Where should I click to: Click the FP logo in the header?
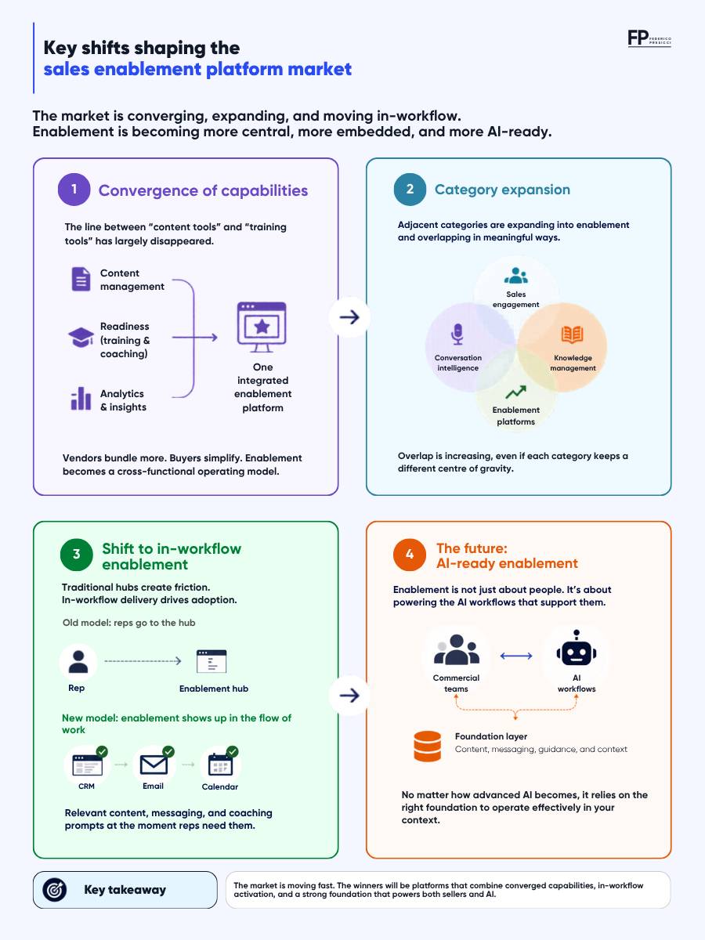coord(649,38)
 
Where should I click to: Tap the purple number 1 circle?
coord(74,190)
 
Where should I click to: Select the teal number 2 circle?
coord(410,190)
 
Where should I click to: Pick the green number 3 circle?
coord(76,555)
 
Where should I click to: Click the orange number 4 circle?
coord(409,555)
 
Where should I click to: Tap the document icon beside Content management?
coord(81,279)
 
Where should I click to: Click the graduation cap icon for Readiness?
coord(81,338)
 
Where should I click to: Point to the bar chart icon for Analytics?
coord(81,399)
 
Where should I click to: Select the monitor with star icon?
coord(262,327)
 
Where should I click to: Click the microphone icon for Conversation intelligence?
coord(457,334)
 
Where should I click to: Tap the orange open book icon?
coord(573,334)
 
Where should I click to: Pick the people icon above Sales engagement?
coord(515,276)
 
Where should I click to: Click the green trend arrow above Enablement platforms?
coord(515,392)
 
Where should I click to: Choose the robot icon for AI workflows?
coord(577,648)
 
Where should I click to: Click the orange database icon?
coord(427,747)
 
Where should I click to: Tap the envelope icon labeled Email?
coord(154,765)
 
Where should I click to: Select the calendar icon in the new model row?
coord(220,765)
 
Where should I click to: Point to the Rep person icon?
coord(78,662)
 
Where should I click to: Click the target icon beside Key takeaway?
coord(54,889)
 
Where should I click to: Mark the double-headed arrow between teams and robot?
coord(516,656)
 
